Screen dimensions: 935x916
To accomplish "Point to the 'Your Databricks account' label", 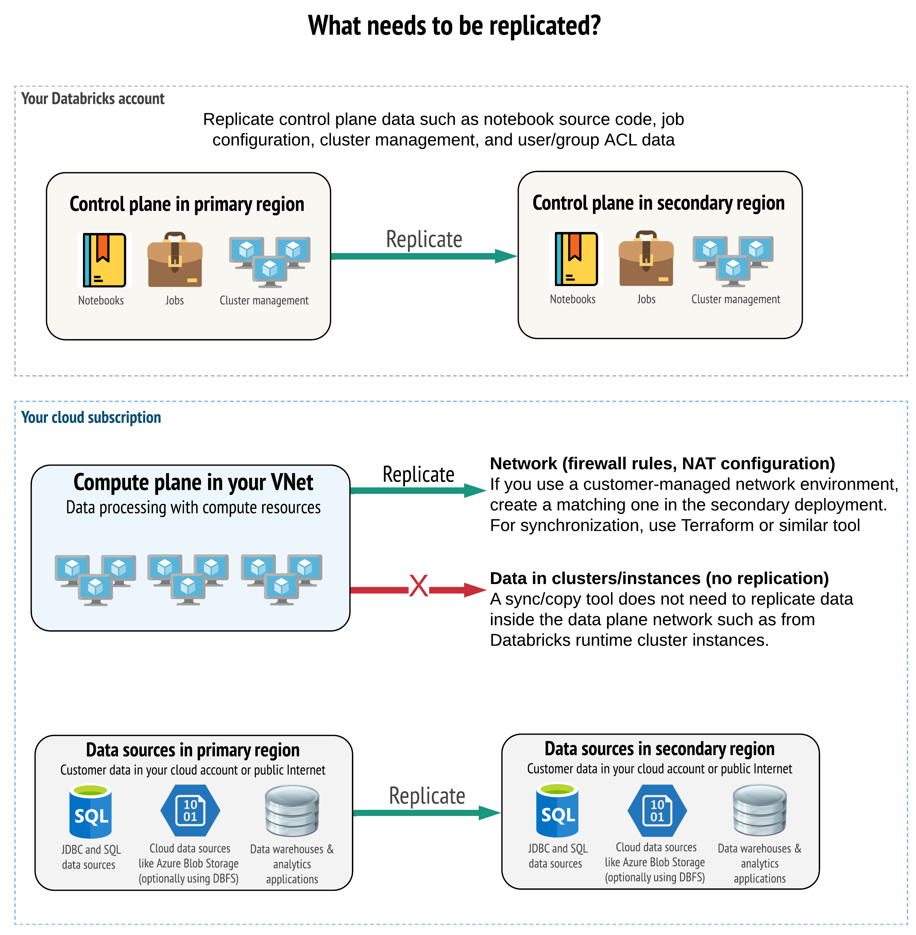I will (x=93, y=99).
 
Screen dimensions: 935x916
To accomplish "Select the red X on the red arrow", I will (x=419, y=586).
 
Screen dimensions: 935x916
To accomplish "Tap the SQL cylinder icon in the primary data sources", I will (x=90, y=812).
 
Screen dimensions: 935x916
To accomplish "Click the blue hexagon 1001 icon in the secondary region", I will (x=657, y=811).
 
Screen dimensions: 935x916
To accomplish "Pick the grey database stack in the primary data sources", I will (x=292, y=811).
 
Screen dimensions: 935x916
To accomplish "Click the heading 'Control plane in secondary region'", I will (x=658, y=203).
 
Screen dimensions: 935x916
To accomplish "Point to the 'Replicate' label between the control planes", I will (x=424, y=239).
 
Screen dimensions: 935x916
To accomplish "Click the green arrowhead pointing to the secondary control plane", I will (x=505, y=256).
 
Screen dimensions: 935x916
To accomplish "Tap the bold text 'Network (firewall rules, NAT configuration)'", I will (x=662, y=463).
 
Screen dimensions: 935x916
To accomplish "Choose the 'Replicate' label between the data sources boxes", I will (x=427, y=796).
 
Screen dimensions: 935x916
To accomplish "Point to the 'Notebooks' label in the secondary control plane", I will (x=573, y=299).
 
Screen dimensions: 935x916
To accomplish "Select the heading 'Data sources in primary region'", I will (x=192, y=750).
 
